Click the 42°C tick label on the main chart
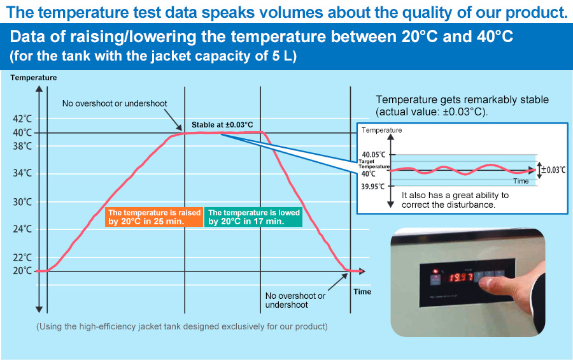[x=22, y=119]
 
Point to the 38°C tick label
[x=22, y=147]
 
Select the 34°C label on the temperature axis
[x=22, y=173]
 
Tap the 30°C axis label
[x=22, y=202]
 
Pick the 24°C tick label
[x=22, y=229]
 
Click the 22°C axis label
[x=22, y=257]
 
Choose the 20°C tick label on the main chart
[x=22, y=271]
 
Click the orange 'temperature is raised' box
[x=154, y=217]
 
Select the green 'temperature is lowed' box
[x=253, y=217]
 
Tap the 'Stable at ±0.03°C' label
[x=222, y=125]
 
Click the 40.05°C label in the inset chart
[x=374, y=155]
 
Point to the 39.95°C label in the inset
[x=372, y=187]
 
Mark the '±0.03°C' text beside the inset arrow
[x=553, y=169]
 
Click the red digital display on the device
[x=461, y=277]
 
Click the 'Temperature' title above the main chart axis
[x=34, y=78]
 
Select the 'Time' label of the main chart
[x=362, y=292]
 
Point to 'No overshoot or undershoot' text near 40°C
[x=115, y=103]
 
